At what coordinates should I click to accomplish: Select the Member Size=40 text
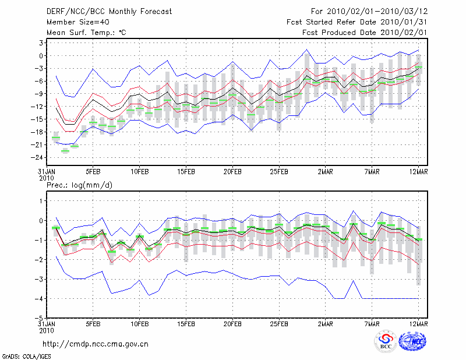(x=76, y=22)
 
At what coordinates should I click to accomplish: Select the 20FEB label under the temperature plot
(x=232, y=172)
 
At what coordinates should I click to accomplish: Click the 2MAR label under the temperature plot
(x=326, y=172)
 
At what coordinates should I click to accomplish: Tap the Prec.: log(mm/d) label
(x=79, y=185)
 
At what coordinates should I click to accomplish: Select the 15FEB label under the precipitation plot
(x=186, y=323)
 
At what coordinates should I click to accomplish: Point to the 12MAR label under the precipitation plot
(x=419, y=323)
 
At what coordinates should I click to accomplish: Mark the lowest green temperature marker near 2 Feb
(x=65, y=151)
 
